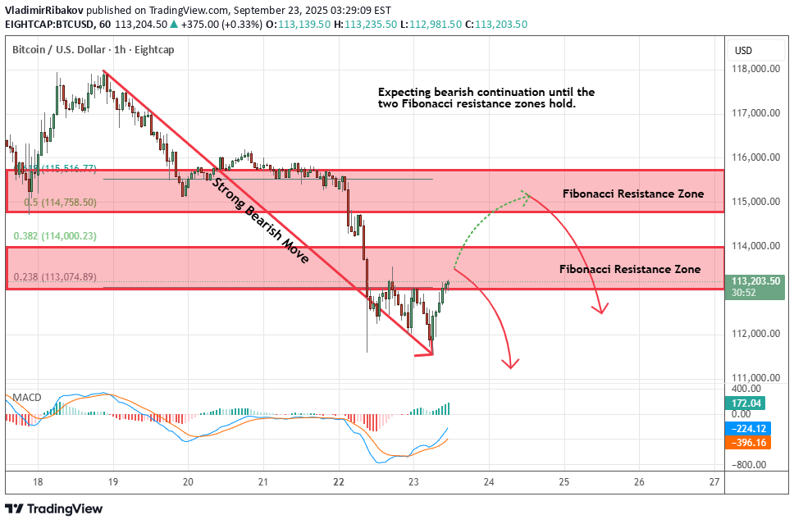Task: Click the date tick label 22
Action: [x=339, y=482]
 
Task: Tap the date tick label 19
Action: [x=112, y=482]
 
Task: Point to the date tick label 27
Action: [x=714, y=482]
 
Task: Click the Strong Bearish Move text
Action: [x=260, y=221]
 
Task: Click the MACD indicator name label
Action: [x=26, y=398]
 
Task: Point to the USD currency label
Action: [x=743, y=51]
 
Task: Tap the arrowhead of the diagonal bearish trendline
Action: [x=429, y=353]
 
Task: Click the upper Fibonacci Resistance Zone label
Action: [x=632, y=194]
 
